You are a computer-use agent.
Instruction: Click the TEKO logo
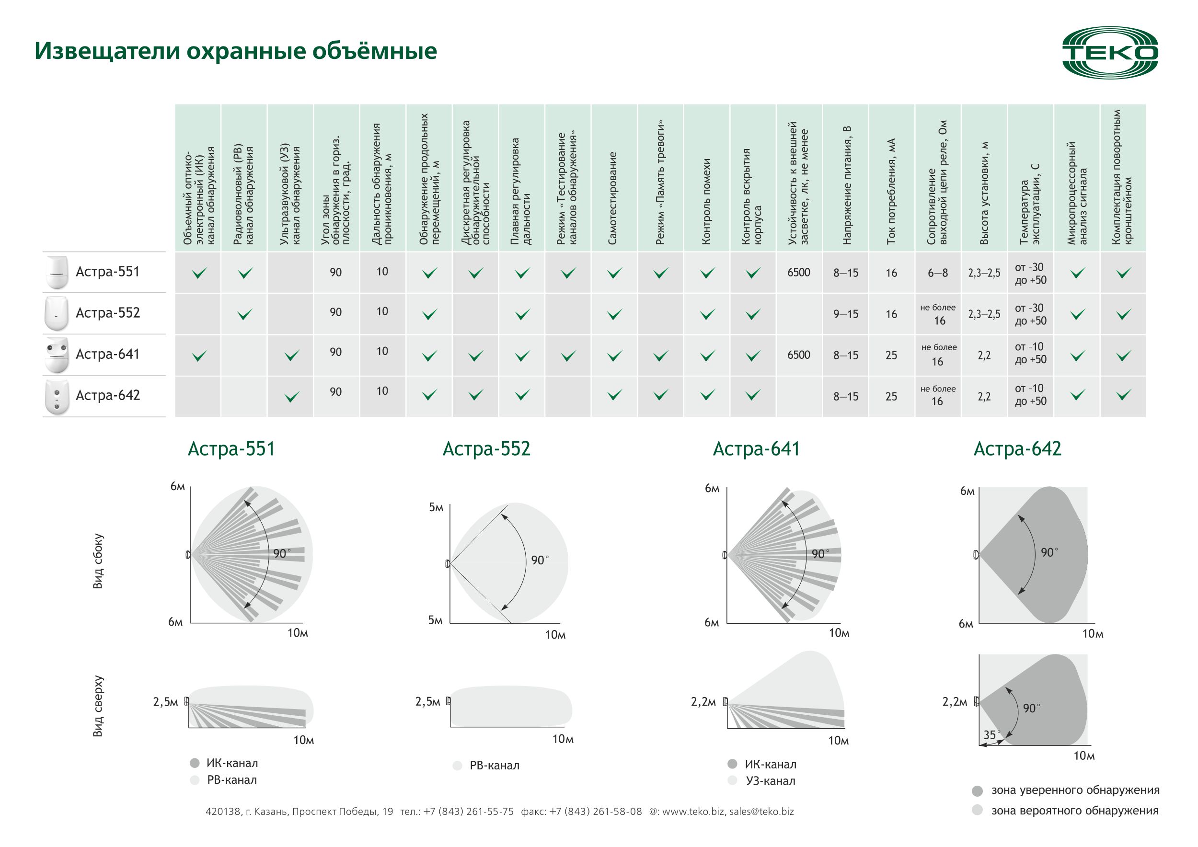[x=1110, y=53]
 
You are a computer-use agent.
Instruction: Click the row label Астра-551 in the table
[x=107, y=272]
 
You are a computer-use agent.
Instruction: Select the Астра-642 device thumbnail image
[x=57, y=397]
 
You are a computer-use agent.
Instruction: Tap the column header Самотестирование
[x=613, y=198]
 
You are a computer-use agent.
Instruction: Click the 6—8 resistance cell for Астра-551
[x=938, y=273]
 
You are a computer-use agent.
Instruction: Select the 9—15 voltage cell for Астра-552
[x=845, y=314]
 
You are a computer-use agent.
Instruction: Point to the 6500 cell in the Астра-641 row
[x=798, y=355]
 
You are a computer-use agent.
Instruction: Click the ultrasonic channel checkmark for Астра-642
[x=292, y=397]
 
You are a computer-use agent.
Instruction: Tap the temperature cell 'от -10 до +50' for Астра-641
[x=1030, y=353]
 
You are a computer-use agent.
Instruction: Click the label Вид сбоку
[x=98, y=561]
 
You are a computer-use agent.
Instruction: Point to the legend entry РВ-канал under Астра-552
[x=494, y=766]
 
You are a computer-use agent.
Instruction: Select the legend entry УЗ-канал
[x=770, y=781]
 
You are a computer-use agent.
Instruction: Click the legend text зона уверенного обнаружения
[x=1075, y=790]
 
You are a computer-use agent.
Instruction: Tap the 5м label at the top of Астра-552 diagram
[x=436, y=507]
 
